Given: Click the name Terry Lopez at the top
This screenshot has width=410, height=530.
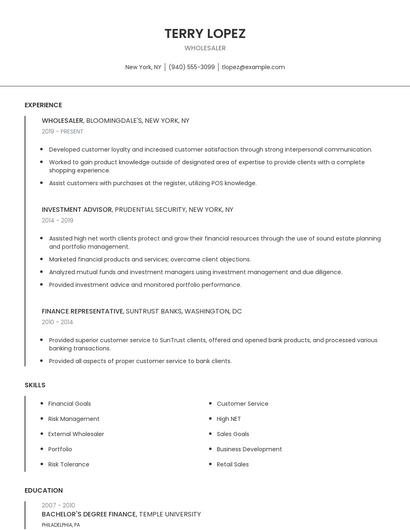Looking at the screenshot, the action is [205, 33].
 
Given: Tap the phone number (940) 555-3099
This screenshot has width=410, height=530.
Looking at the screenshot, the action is [191, 67].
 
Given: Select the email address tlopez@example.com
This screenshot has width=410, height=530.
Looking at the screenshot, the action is [253, 67].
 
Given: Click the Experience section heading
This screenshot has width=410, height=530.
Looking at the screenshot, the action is [43, 105].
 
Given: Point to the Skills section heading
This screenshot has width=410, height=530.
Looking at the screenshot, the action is [35, 384].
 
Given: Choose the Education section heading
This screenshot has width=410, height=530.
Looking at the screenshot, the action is [43, 490].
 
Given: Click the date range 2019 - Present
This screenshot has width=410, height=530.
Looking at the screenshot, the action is [63, 131].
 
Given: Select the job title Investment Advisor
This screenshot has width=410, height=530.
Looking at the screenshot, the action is [76, 210].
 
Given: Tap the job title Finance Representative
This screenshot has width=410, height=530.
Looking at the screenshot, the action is [82, 311].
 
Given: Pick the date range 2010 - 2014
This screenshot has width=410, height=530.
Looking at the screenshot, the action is [57, 322].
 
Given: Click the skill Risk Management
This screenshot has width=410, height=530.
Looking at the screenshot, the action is [74, 419].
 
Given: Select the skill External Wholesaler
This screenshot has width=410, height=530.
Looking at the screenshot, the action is [76, 434].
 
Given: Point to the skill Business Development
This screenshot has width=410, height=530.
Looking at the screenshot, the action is [249, 449].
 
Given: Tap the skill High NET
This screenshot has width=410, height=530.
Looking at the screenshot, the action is [229, 419].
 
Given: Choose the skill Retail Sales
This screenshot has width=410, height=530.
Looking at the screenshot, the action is [233, 464].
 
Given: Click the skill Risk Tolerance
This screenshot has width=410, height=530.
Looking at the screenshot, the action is [69, 464].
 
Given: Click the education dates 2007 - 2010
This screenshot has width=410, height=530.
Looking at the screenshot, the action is [58, 505].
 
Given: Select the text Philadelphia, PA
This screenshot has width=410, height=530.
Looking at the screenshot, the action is [61, 524].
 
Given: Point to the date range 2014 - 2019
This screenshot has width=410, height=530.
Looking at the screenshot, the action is [57, 220].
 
